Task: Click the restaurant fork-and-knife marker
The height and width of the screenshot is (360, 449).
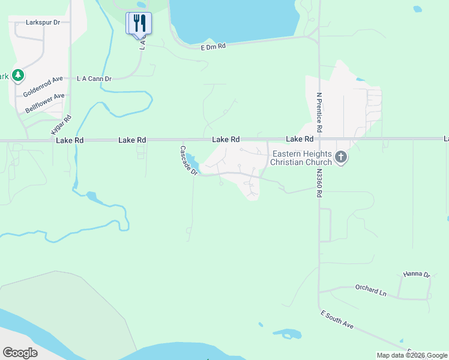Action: (x=139, y=23)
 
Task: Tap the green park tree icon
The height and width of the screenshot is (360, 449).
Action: (x=19, y=75)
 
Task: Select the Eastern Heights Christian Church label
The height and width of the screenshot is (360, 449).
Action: (x=301, y=158)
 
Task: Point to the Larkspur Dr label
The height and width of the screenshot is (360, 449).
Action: (x=44, y=22)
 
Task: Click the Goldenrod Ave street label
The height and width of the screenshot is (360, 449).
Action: (x=43, y=86)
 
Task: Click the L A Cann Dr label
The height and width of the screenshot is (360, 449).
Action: (x=94, y=79)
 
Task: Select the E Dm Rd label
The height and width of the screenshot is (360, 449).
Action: (x=213, y=46)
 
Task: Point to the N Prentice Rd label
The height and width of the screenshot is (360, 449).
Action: (x=319, y=112)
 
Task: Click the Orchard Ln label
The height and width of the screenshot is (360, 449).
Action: (x=370, y=290)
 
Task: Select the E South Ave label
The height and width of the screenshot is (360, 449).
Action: (x=337, y=320)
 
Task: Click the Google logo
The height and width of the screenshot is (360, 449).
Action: (x=20, y=353)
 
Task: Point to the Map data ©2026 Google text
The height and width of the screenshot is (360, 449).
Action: (x=412, y=355)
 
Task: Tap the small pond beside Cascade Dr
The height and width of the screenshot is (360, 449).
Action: (x=193, y=161)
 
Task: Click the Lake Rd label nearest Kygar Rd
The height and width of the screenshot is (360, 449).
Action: (x=70, y=140)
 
